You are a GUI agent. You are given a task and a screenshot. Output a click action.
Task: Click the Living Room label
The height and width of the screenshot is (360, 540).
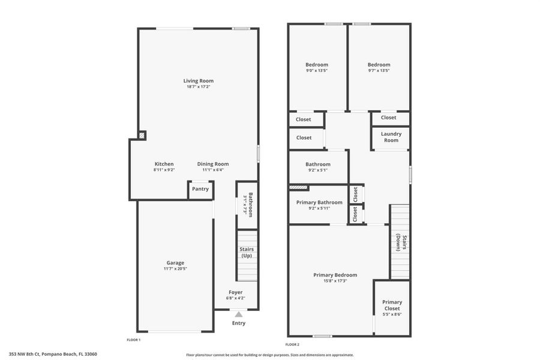pos(198,81)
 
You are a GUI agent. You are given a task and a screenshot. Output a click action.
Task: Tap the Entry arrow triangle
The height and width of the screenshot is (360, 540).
pos(239,314)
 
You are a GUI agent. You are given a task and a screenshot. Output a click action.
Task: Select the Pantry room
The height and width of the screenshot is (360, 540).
pos(200,189)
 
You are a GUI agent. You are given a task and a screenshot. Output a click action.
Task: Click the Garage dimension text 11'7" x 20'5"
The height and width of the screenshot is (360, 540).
pos(175,269)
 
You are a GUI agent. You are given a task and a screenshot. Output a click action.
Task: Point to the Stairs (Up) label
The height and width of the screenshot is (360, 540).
pos(247,253)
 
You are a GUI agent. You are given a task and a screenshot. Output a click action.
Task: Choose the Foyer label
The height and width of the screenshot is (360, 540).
pos(235,292)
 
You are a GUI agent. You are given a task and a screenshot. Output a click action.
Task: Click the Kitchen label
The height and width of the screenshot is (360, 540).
pos(164,164)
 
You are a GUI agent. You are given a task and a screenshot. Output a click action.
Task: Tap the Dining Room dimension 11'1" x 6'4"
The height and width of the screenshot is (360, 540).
pos(213,170)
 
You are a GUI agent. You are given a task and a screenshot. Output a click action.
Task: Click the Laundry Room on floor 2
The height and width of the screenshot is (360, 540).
pos(391,137)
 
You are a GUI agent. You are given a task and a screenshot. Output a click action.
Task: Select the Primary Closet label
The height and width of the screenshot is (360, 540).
pos(392,305)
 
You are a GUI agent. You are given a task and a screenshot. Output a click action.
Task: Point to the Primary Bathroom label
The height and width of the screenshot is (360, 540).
pos(319,202)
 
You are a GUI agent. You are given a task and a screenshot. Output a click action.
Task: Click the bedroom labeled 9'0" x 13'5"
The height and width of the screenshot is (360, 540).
pos(317,67)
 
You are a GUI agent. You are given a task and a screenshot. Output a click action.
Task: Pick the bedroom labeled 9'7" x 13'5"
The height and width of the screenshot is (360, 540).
pos(379,67)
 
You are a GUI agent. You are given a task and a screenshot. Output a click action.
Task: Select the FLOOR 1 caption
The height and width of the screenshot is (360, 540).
pos(133,340)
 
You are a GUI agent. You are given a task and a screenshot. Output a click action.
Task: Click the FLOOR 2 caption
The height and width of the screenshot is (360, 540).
pos(292,344)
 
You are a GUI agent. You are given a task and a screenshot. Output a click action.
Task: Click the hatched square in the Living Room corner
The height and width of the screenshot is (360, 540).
pos(142,136)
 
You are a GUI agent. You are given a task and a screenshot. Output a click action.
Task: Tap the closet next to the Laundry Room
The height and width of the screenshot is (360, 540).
pos(388,118)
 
